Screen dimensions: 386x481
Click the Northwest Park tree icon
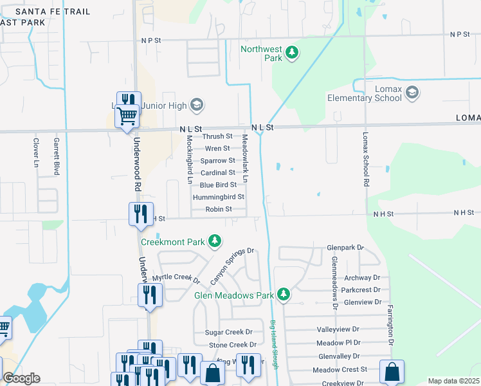(x=292, y=53)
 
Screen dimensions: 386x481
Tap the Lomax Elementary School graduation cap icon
(x=412, y=94)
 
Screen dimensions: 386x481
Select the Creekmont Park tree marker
(x=215, y=242)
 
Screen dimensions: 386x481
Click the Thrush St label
(x=217, y=136)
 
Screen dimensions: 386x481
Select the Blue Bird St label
(x=218, y=185)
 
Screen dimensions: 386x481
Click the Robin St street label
(x=219, y=209)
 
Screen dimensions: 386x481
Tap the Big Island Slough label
(x=275, y=344)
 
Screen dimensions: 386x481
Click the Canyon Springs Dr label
(x=233, y=266)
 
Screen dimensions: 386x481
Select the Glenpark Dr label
(x=345, y=247)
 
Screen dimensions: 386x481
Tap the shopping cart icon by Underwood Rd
(x=127, y=116)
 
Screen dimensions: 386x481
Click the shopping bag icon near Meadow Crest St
(x=392, y=371)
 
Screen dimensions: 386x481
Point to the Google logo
(x=21, y=378)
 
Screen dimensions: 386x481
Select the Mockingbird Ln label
(x=190, y=160)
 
